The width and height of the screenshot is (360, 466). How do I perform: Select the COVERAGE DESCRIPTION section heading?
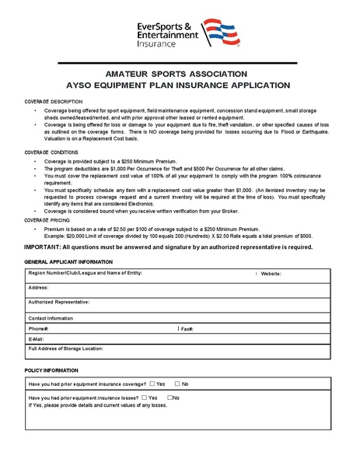pyautogui.click(x=53, y=102)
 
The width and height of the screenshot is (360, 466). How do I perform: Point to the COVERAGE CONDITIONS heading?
pyautogui.click(x=51, y=152)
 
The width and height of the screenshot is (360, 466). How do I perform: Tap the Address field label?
pyautogui.click(x=39, y=288)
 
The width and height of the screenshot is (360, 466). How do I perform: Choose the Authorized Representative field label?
pyautogui.click(x=59, y=301)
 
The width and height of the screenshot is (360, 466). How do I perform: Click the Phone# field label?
pyautogui.click(x=39, y=329)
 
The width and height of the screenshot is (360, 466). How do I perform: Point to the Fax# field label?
pyautogui.click(x=187, y=329)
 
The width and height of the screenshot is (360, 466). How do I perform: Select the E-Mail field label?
pyautogui.click(x=37, y=339)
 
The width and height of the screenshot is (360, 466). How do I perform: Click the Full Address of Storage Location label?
pyautogui.click(x=71, y=349)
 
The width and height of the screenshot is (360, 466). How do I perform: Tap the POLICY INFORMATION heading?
pyautogui.click(x=51, y=370)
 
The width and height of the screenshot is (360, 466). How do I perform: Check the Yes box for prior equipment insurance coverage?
pyautogui.click(x=152, y=384)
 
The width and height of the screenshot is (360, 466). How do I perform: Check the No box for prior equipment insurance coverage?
pyautogui.click(x=177, y=384)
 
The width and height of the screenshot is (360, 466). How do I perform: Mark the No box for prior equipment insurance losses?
pyautogui.click(x=171, y=398)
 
